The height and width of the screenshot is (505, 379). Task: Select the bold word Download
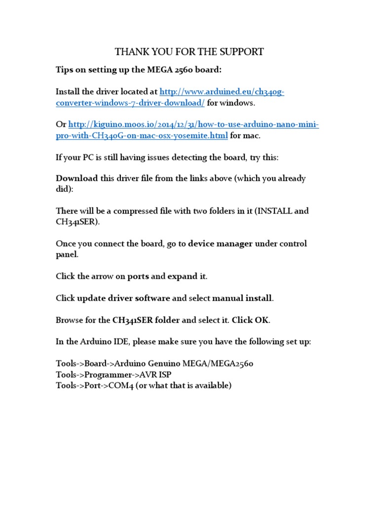click(76, 179)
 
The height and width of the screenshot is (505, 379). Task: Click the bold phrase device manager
click(220, 244)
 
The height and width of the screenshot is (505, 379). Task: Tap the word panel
click(67, 254)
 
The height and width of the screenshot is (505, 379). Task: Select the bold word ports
click(138, 276)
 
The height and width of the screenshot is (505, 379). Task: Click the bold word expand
click(182, 276)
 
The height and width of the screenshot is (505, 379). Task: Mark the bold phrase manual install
click(242, 298)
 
